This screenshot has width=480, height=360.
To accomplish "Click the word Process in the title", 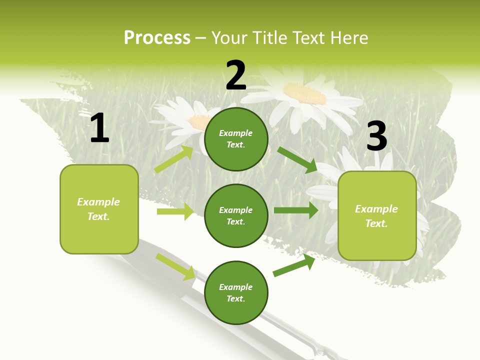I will tap(157, 38).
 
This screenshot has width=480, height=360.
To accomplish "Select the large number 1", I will tap(99, 128).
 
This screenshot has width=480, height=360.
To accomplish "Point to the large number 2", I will tap(236, 76).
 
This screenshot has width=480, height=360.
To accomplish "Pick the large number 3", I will tap(376, 136).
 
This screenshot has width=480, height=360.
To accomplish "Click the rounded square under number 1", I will tap(99, 209).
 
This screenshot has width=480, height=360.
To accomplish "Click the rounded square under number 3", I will tap(377, 215).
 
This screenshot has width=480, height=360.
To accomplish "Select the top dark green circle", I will tap(236, 139).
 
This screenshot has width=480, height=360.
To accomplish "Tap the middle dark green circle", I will tap(236, 215).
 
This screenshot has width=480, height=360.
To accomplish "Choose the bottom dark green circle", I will tap(236, 292).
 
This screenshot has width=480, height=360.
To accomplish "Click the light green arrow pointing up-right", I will tap(173, 159).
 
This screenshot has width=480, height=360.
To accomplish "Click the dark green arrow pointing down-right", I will tap(297, 159).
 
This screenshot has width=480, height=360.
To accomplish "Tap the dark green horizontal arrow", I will tap(295, 210).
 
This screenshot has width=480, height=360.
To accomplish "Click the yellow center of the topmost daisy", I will tap(304, 92).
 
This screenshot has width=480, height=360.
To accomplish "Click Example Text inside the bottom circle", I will tap(236, 292).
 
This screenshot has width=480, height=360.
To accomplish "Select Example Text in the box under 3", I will tap(376, 216).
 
